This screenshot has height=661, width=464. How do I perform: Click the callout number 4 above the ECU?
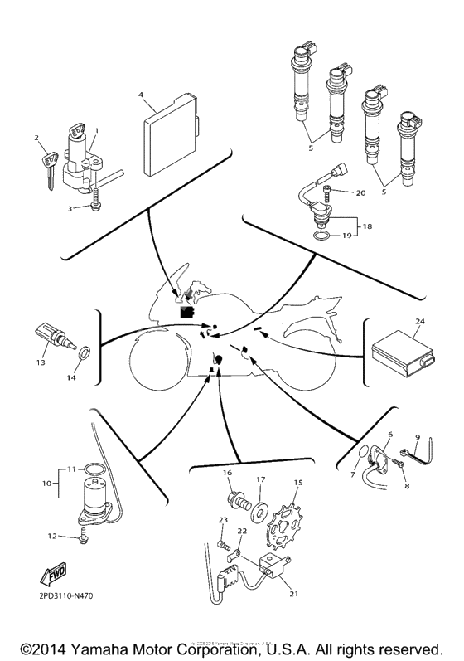(141, 96)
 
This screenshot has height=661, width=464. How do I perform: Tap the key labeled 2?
(44, 162)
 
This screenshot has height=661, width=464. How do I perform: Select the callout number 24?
(420, 321)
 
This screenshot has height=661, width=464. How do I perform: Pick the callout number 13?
(40, 362)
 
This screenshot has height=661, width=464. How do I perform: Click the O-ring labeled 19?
(326, 239)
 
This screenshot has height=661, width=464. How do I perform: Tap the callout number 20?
(360, 192)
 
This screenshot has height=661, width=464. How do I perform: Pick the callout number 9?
(418, 437)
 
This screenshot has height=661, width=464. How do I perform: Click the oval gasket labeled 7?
(364, 454)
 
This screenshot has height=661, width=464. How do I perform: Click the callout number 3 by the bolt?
(71, 208)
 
